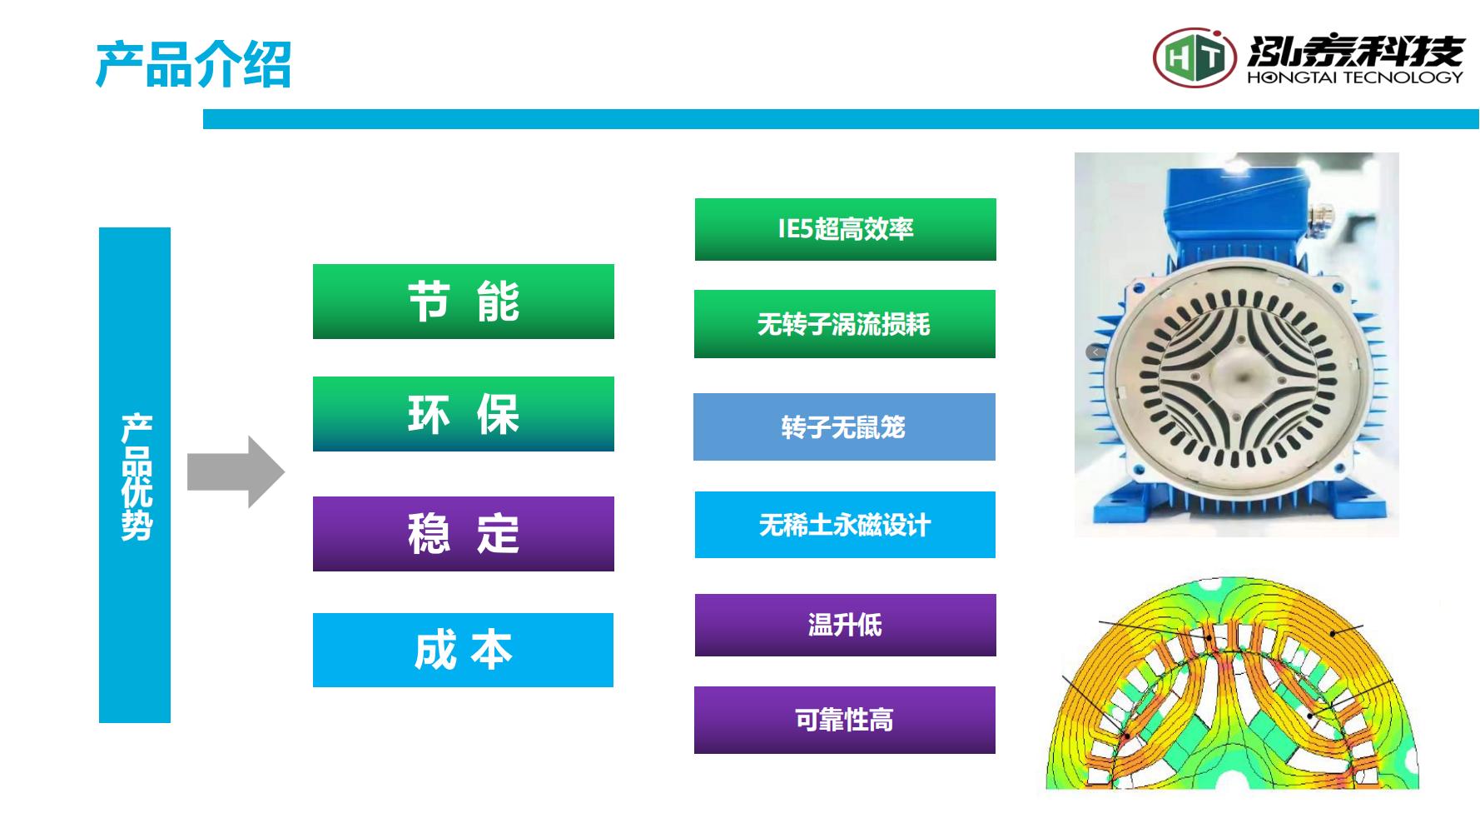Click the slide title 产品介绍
(x=193, y=64)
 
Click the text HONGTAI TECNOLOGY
(x=1354, y=77)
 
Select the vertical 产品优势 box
(x=135, y=475)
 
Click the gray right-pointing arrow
(x=236, y=471)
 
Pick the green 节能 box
(x=464, y=302)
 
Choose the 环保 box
(x=464, y=414)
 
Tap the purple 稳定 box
(x=464, y=534)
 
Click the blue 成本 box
(x=463, y=650)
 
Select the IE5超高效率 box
(x=846, y=229)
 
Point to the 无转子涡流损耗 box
(x=845, y=324)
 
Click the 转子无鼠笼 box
(x=844, y=426)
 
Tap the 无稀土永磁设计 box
(x=845, y=525)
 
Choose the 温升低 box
(x=846, y=625)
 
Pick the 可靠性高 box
(x=845, y=720)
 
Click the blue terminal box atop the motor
(x=1236, y=208)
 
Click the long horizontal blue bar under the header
(x=841, y=119)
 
